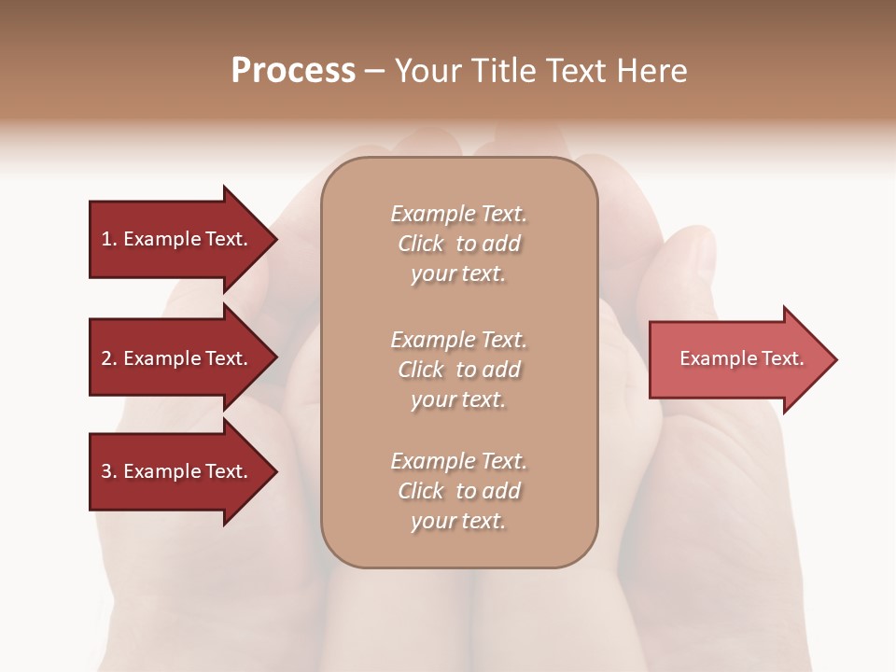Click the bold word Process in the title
(x=293, y=71)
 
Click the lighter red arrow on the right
(x=737, y=359)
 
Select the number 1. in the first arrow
(x=108, y=239)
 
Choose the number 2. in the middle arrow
(x=108, y=358)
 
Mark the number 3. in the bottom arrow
(x=108, y=471)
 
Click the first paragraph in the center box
(x=458, y=244)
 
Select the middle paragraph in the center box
(x=458, y=370)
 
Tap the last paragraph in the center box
(x=458, y=491)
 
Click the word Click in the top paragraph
(x=420, y=244)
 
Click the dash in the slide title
(x=374, y=71)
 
